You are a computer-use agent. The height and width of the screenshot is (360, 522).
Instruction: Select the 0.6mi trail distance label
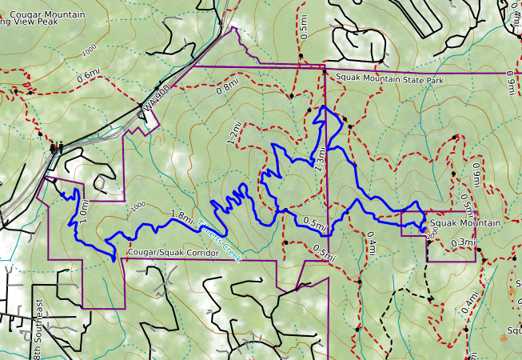point(90,77)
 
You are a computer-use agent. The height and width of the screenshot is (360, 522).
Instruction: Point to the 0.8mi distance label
point(227,84)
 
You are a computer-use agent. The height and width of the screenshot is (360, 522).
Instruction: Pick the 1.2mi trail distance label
point(234,134)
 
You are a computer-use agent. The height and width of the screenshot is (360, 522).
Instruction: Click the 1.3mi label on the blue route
point(321,160)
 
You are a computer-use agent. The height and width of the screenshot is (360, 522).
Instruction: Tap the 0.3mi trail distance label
point(463,242)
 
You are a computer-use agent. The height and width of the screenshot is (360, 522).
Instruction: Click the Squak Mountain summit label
point(464,222)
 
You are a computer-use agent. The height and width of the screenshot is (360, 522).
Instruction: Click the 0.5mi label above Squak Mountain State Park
point(303,27)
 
